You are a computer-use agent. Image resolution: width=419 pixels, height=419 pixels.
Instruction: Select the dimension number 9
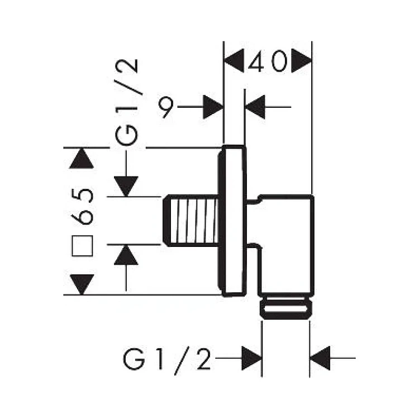click(165, 106)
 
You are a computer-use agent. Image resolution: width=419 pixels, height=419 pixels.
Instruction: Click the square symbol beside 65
click(83, 246)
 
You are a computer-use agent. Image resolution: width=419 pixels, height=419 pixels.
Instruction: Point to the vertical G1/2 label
click(128, 103)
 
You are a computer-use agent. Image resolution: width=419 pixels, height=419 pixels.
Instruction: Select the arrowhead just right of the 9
click(213, 107)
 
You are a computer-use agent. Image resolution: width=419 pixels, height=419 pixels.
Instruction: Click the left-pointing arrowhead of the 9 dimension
click(255, 107)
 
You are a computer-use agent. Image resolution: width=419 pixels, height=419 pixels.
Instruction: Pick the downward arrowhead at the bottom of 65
click(82, 284)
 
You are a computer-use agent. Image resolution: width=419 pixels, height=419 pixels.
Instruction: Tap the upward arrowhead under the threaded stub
click(126, 255)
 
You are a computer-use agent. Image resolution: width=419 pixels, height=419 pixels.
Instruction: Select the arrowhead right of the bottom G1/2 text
click(251, 358)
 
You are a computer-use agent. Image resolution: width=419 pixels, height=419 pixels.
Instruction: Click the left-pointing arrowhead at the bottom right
click(320, 358)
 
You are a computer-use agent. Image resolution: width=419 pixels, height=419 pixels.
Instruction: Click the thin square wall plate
click(234, 221)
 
